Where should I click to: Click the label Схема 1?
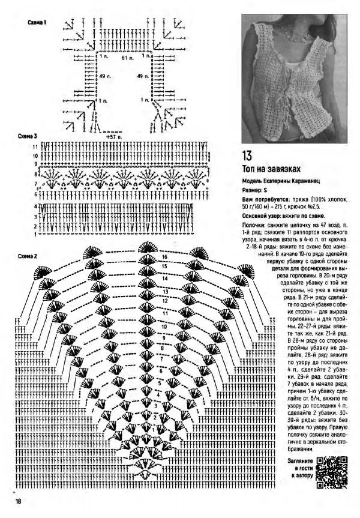(x=38, y=23)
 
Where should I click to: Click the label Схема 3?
(x=28, y=136)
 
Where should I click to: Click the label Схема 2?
(x=28, y=257)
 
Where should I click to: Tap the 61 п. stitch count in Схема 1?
(x=126, y=58)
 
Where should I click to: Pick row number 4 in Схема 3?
(x=36, y=206)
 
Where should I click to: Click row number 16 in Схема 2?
(x=163, y=257)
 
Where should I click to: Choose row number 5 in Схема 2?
(x=159, y=382)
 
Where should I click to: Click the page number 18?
(x=19, y=502)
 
